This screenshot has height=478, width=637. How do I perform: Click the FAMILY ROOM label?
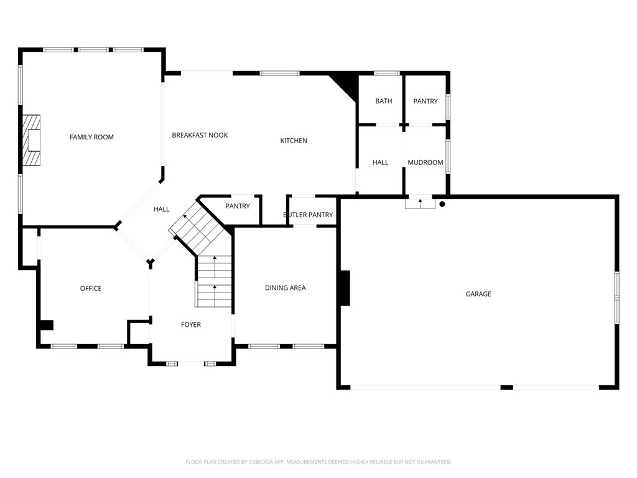tap(91, 137)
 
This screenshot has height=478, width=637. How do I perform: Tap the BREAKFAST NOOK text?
tap(200, 135)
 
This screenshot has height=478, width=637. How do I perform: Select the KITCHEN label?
tap(294, 141)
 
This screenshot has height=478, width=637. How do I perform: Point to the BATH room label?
tap(383, 101)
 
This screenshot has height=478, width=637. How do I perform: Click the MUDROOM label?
tap(425, 162)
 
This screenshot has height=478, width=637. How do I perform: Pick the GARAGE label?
tap(478, 294)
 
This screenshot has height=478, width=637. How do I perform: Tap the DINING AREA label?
tap(285, 288)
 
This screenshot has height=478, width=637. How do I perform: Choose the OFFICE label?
tap(91, 288)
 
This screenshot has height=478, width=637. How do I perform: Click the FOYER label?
tap(191, 324)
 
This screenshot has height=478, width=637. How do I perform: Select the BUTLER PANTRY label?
tap(308, 215)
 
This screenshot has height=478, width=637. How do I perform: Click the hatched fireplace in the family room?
tap(31, 140)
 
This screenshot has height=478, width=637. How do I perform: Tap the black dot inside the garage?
tap(442, 204)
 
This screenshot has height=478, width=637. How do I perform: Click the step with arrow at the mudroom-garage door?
tap(420, 204)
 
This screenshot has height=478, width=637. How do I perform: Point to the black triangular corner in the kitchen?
tap(345, 86)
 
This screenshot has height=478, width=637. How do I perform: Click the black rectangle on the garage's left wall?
tap(345, 288)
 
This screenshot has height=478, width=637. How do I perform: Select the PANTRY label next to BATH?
tap(425, 101)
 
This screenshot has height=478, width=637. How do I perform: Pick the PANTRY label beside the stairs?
tap(238, 206)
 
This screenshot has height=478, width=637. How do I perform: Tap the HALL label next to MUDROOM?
tap(380, 162)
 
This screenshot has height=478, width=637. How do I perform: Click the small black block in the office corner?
tap(47, 325)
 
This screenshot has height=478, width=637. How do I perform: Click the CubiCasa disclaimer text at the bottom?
tap(318, 462)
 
